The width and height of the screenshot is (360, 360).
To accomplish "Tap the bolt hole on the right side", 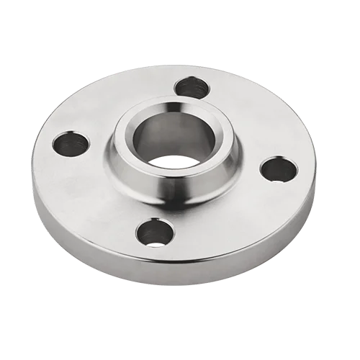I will point(279,171).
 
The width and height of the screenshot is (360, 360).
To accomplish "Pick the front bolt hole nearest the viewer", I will point(153,232).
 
